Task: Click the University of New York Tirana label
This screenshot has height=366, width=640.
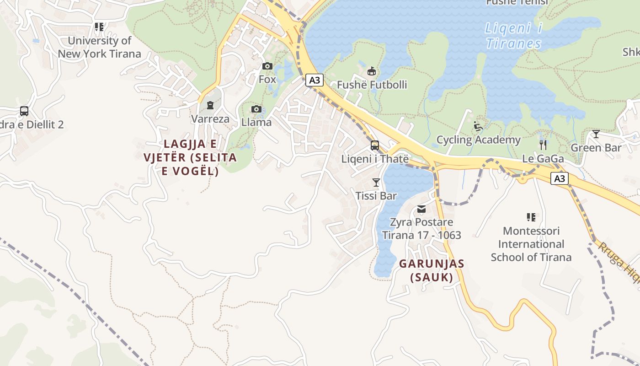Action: coord(99,47)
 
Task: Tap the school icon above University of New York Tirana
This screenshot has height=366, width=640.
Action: coord(99,27)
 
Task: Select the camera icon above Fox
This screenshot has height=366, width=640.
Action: coord(267,66)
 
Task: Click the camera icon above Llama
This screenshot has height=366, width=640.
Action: coord(256,109)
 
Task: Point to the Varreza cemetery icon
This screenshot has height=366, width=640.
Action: coord(210,106)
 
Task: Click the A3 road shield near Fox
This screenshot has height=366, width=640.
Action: coord(314,81)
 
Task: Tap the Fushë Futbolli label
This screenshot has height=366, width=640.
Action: coord(372,85)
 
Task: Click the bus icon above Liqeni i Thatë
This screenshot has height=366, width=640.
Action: coord(375,145)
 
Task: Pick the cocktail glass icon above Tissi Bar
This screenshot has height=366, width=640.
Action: coord(376,183)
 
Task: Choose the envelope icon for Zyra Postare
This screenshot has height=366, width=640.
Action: coord(421,209)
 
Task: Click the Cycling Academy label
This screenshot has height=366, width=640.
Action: coord(478,140)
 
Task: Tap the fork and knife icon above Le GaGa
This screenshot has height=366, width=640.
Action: coord(543,145)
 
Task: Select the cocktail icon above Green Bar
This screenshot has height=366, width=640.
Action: coord(596,134)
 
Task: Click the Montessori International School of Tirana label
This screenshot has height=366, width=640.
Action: coord(531,244)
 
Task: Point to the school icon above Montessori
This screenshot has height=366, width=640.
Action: coord(531,217)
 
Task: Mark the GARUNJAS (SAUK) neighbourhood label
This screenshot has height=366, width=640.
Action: coord(432,270)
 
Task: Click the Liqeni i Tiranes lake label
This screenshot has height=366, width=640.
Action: coord(513,36)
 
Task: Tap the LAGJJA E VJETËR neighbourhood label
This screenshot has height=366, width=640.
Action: coord(190,157)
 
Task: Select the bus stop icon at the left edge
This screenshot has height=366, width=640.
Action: coord(24,111)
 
